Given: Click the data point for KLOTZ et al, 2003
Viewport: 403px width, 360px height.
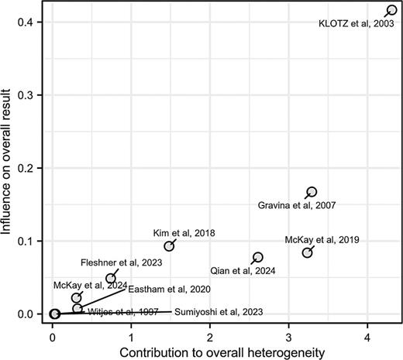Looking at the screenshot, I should pyautogui.click(x=391, y=10).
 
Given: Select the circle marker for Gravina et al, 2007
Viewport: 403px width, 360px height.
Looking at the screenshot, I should pyautogui.click(x=312, y=192).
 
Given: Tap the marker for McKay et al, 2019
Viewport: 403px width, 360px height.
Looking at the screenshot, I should pyautogui.click(x=307, y=253).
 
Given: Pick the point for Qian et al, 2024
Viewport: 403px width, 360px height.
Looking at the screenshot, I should pyautogui.click(x=258, y=257).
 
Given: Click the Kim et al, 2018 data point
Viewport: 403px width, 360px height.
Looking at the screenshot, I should pyautogui.click(x=169, y=246).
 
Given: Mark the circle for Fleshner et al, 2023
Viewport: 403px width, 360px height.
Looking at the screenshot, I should pyautogui.click(x=111, y=279).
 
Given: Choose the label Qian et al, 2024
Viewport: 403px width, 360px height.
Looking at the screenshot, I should pyautogui.click(x=243, y=271).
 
